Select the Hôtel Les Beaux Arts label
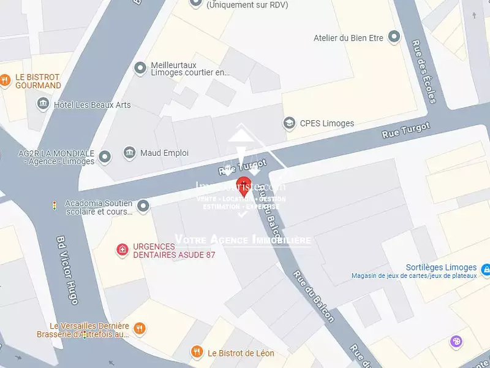(x=92, y=105)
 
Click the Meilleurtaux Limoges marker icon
(x=140, y=67)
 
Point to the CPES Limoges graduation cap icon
(x=288, y=123)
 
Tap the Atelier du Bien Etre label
(x=348, y=38)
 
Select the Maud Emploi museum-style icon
(x=129, y=153)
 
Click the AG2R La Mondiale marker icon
(x=105, y=156)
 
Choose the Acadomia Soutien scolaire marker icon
(x=143, y=205)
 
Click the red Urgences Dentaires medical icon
(x=123, y=250)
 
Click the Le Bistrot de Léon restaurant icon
(x=197, y=352)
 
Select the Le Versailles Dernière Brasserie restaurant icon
(x=140, y=328)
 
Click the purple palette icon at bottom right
(x=456, y=341)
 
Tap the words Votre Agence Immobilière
(x=243, y=240)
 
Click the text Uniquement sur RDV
(x=247, y=5)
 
